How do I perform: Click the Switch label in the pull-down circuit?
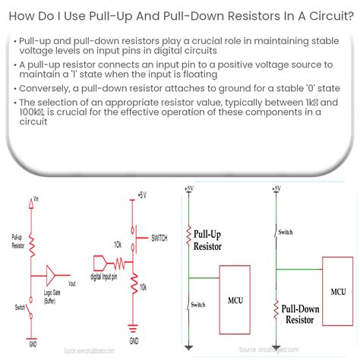pyautogui.click(x=286, y=231)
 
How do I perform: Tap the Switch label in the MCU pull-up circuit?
pyautogui.click(x=197, y=305)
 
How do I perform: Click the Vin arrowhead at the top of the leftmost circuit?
pyautogui.click(x=32, y=200)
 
